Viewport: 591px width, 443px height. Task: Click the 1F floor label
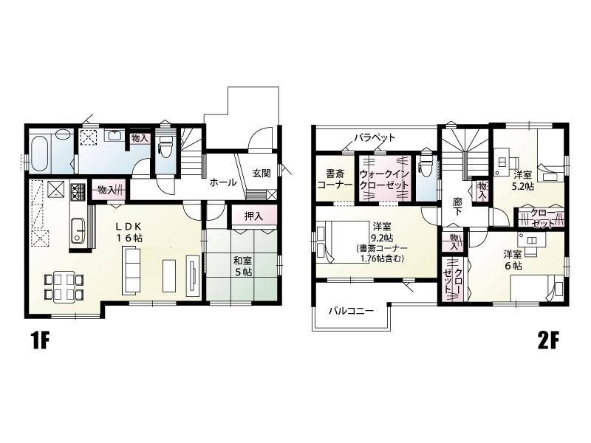point(40,342)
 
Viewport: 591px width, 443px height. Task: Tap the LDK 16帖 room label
point(129,232)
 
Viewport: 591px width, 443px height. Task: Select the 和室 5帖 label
point(243,266)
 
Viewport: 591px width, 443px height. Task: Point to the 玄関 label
point(262,174)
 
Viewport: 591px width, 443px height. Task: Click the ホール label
point(223,182)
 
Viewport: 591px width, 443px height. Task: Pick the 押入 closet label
point(253,216)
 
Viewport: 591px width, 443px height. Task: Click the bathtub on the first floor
point(40,155)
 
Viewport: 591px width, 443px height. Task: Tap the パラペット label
point(375,137)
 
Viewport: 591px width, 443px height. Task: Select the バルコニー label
point(351,311)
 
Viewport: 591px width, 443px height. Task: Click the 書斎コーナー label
point(335,179)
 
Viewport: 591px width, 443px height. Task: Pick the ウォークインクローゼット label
point(384,179)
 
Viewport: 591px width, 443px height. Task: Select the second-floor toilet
point(426,166)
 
